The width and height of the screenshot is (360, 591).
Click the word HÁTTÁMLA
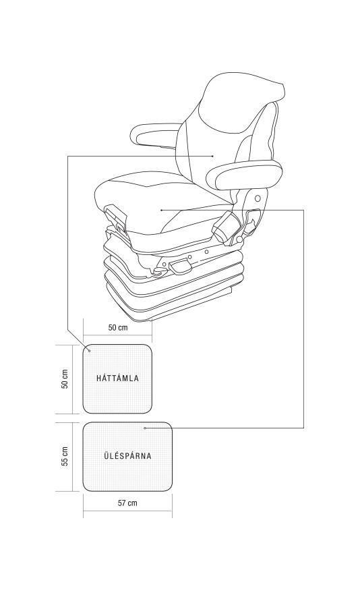point(117,378)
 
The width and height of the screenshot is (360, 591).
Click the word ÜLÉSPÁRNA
point(127,455)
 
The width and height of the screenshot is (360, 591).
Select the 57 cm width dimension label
point(127,503)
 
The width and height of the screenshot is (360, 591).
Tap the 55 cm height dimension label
point(65,457)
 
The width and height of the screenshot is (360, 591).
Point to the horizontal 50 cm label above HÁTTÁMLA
point(118,327)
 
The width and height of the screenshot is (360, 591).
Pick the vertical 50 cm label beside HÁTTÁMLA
point(65,378)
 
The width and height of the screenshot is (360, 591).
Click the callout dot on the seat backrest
point(213,156)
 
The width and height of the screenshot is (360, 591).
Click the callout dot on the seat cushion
point(162,210)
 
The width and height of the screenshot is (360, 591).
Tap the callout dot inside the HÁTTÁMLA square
point(89,351)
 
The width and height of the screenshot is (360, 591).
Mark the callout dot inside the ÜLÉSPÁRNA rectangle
point(145,428)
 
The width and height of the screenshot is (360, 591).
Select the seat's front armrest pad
point(244,175)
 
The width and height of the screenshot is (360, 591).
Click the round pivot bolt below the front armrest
point(258,198)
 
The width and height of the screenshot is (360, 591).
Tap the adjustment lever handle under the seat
point(181,267)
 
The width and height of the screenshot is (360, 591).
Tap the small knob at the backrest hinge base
point(239,239)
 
